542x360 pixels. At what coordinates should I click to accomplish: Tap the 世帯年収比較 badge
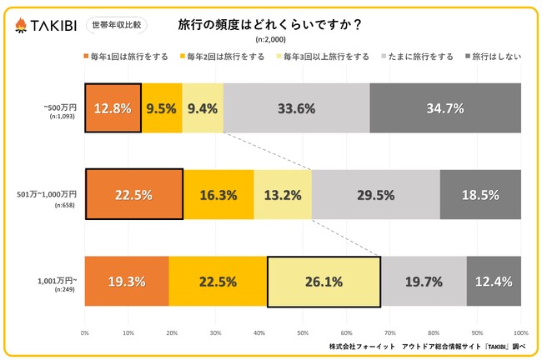(116, 24)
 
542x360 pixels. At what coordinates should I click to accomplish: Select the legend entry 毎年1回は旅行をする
(129, 57)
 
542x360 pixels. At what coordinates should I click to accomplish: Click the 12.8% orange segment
(113, 108)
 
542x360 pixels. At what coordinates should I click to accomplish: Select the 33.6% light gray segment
(296, 108)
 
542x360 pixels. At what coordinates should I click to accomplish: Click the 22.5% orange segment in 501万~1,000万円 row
(133, 195)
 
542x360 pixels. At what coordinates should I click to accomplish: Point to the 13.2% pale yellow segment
(282, 195)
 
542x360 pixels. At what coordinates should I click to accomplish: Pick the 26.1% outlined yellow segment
(324, 282)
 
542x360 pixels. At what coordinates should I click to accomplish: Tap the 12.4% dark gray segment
(494, 282)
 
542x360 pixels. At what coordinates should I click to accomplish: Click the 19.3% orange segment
(126, 282)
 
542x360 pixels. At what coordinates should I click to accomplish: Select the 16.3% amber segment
(218, 195)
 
